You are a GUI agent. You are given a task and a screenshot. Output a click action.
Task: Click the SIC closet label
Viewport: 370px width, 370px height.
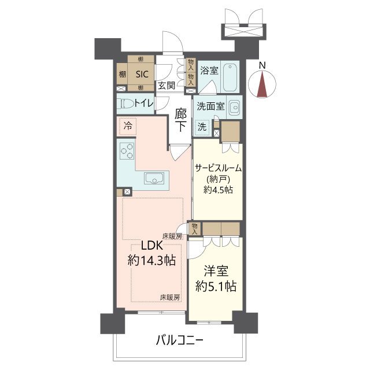(x=142, y=74)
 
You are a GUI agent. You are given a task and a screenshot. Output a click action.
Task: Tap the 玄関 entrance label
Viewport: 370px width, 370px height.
(x=166, y=86)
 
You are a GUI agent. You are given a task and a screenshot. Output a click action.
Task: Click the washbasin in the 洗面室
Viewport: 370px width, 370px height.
(x=234, y=108)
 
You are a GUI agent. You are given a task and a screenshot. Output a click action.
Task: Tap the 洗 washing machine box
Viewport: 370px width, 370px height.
(x=202, y=126)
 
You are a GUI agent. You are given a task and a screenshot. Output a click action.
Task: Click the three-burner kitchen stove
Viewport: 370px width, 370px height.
(x=127, y=152)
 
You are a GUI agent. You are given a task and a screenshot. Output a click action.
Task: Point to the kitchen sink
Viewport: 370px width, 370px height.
(x=153, y=179)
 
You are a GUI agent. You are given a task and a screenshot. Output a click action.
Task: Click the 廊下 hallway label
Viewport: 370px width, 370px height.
(x=180, y=120)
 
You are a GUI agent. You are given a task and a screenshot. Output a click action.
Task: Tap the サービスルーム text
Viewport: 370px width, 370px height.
(x=217, y=168)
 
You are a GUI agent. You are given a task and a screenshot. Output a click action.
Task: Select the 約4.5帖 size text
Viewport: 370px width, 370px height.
(x=217, y=190)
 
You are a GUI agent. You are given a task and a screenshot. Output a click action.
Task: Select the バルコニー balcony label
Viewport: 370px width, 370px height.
(x=179, y=340)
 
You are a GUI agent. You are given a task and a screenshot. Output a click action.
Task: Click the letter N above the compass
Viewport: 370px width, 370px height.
(x=262, y=65)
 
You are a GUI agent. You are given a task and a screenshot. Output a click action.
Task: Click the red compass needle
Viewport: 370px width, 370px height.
(x=262, y=84)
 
